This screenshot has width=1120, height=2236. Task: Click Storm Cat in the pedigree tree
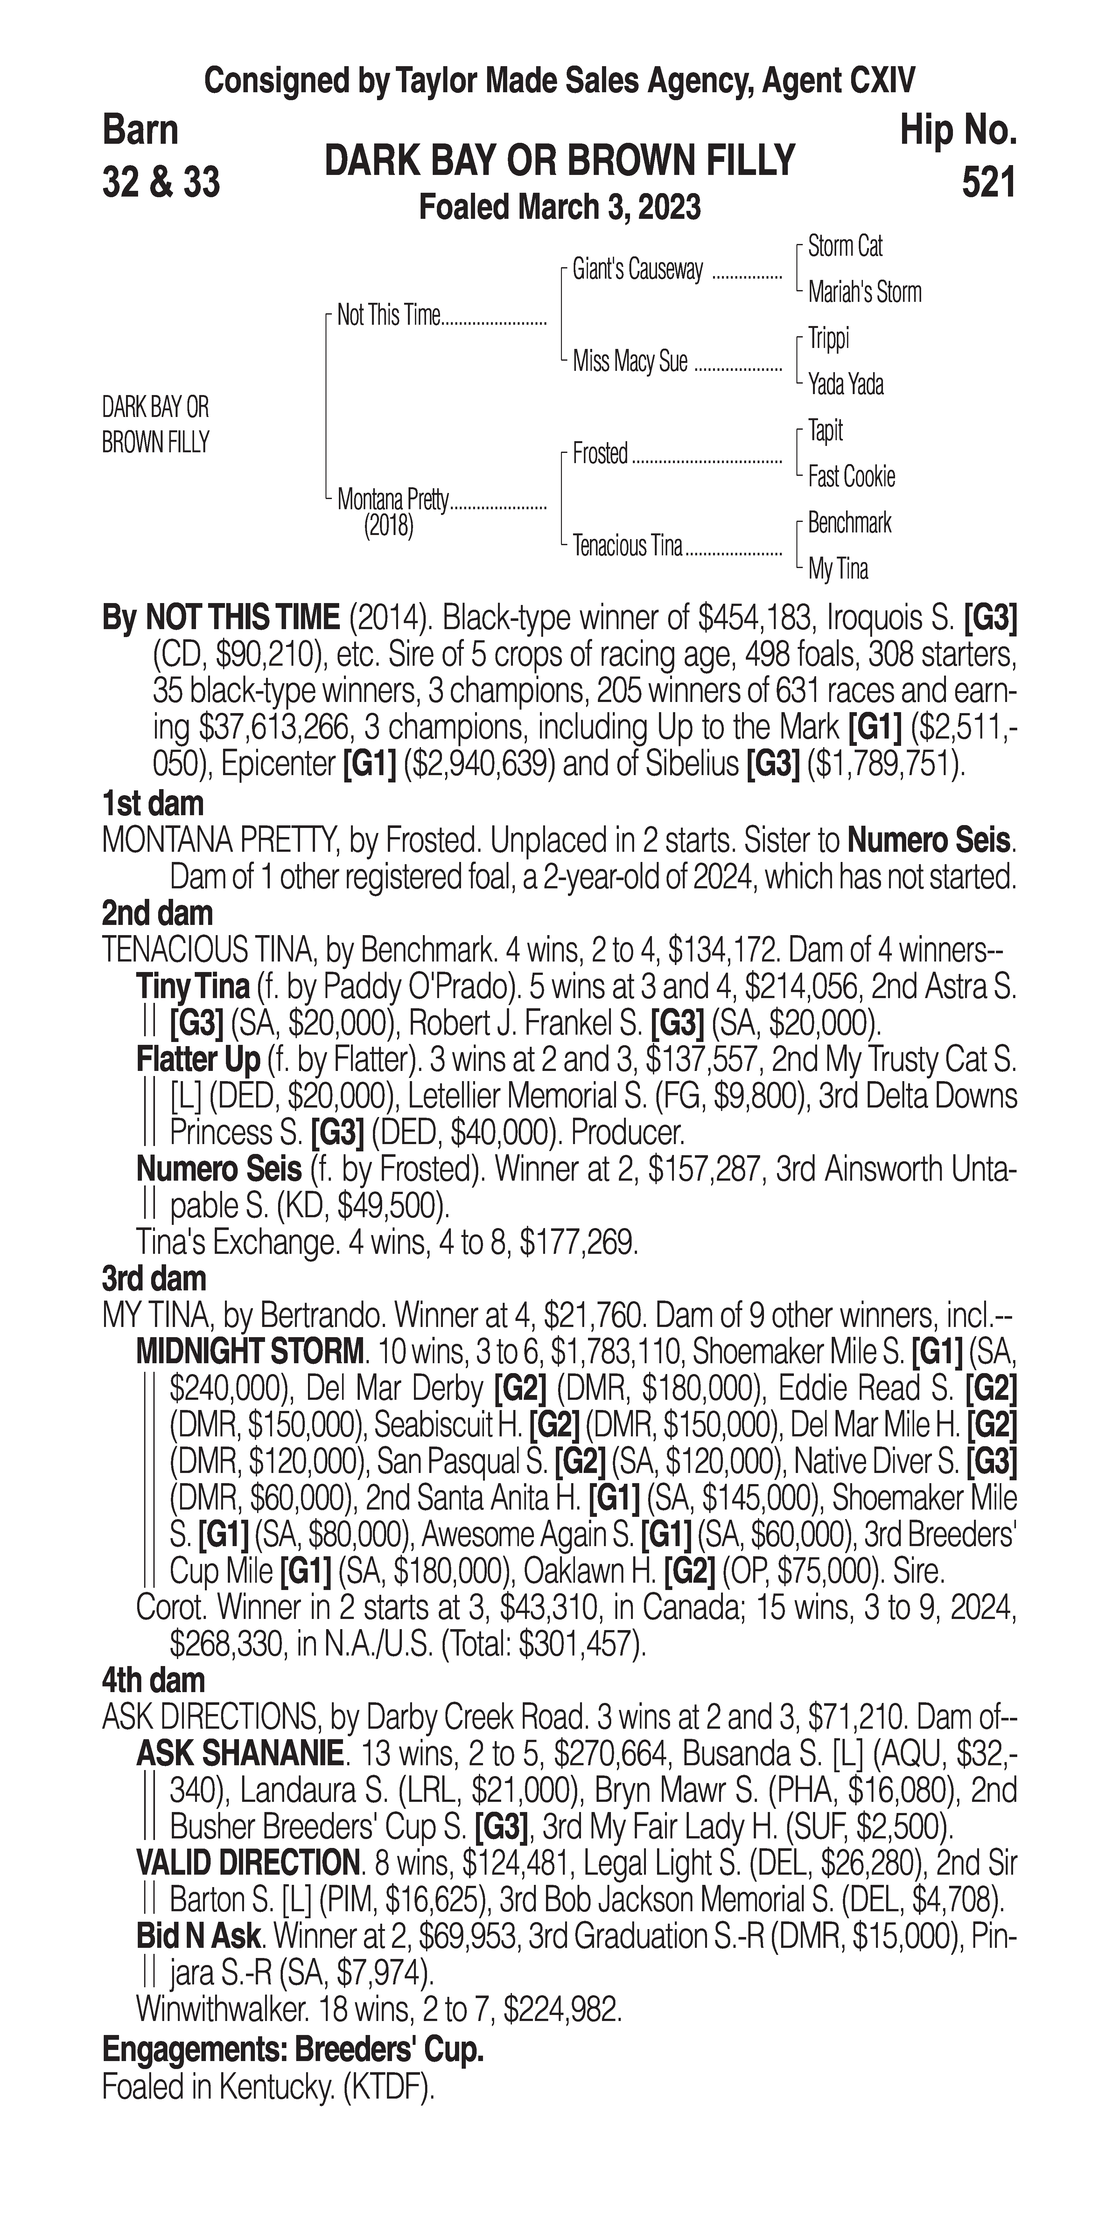pyautogui.click(x=845, y=247)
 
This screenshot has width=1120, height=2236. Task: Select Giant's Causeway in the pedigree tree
pyautogui.click(x=637, y=270)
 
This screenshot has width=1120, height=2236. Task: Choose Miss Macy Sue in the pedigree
pyautogui.click(x=629, y=361)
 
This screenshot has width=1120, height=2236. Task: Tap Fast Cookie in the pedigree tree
pyautogui.click(x=851, y=476)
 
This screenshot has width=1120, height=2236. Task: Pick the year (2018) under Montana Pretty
pyautogui.click(x=388, y=526)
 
